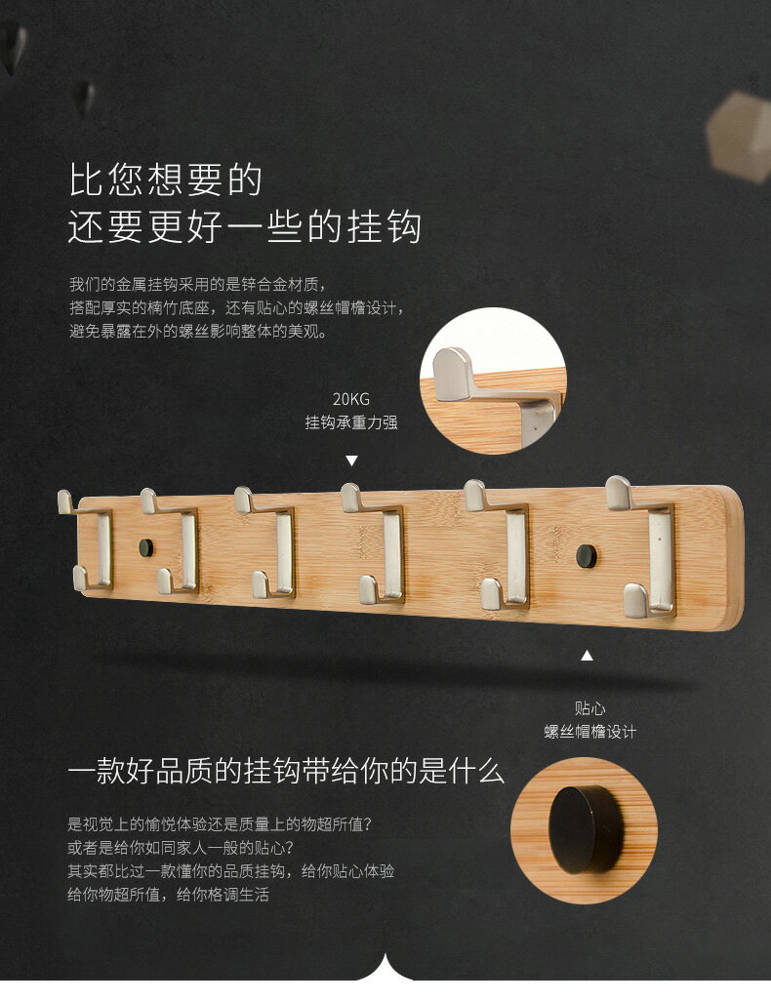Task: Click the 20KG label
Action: click(x=351, y=398)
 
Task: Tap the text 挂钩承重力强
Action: click(x=351, y=422)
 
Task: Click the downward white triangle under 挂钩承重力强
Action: click(x=352, y=461)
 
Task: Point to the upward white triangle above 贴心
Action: click(x=587, y=656)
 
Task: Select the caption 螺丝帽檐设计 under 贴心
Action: click(x=589, y=732)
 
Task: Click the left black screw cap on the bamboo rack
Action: click(x=145, y=547)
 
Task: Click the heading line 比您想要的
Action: click(x=165, y=180)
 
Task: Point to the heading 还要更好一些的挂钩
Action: click(x=244, y=227)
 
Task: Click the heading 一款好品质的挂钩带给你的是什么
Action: click(x=286, y=773)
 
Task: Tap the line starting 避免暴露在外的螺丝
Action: click(x=197, y=331)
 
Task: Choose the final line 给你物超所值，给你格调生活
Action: click(x=168, y=894)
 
